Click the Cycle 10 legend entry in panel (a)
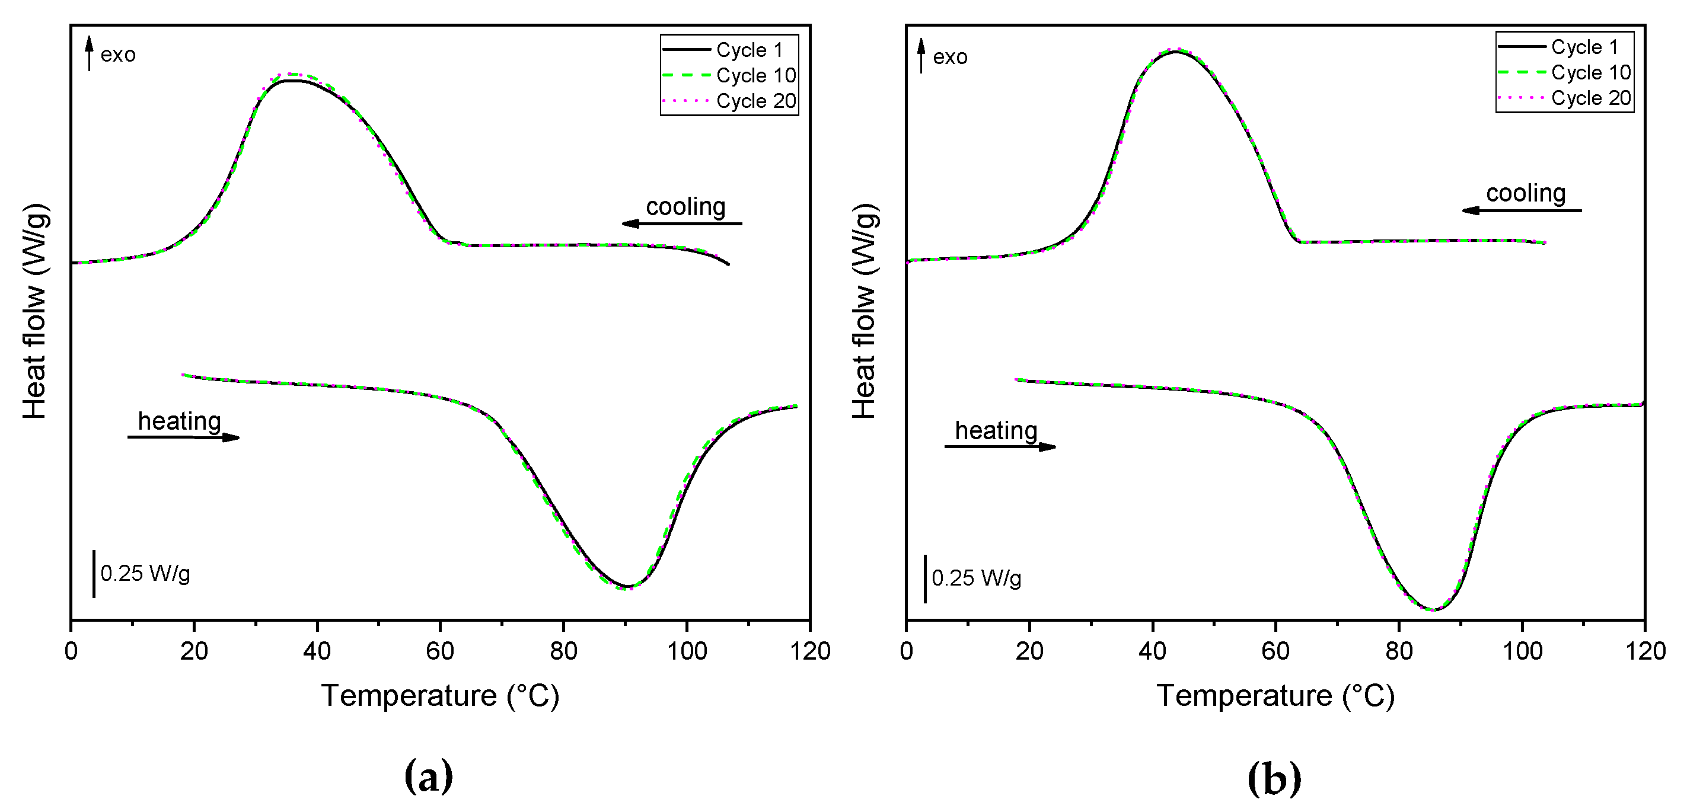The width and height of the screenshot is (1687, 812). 755,76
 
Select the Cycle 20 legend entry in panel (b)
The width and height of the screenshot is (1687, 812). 1590,98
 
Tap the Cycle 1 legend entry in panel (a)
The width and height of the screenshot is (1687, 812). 749,50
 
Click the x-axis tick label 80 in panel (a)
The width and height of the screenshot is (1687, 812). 563,651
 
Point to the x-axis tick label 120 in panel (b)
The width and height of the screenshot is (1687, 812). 1644,651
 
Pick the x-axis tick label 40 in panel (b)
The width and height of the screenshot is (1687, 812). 1153,651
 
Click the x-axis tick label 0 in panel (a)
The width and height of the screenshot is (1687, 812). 71,651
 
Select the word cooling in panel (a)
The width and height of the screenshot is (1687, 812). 685,207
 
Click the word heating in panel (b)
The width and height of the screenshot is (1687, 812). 996,431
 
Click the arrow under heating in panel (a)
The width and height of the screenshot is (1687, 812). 183,437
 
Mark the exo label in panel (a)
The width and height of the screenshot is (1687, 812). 118,55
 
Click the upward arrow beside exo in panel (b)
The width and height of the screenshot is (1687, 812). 921,55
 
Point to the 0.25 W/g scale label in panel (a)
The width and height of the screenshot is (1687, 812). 145,574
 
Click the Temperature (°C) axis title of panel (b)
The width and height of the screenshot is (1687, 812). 1275,695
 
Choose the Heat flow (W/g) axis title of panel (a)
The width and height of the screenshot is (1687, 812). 36,311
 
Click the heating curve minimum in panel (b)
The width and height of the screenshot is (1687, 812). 1433,610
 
